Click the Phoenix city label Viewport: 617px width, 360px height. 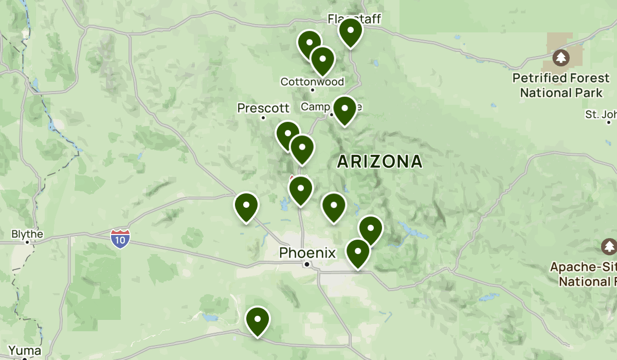pyautogui.click(x=307, y=253)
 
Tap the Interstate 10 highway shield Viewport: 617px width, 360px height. pyautogui.click(x=120, y=239)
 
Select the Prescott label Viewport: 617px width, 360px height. pyautogui.click(x=263, y=108)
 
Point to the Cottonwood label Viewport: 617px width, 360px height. pyautogui.click(x=312, y=81)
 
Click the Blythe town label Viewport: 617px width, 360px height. pyautogui.click(x=27, y=235)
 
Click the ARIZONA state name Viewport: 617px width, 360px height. pyautogui.click(x=379, y=161)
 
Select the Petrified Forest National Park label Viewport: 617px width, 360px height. pyautogui.click(x=561, y=85)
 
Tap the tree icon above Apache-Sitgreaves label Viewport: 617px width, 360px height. pyautogui.click(x=609, y=247)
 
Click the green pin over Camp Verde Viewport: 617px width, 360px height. pyautogui.click(x=344, y=109)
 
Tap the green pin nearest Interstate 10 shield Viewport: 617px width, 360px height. pyautogui.click(x=246, y=205)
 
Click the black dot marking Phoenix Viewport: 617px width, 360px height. pyautogui.click(x=307, y=264)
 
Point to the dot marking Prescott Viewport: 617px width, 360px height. pyautogui.click(x=263, y=117)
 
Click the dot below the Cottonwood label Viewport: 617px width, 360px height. pyautogui.click(x=312, y=90)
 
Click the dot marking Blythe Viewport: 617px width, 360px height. pyautogui.click(x=27, y=242)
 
